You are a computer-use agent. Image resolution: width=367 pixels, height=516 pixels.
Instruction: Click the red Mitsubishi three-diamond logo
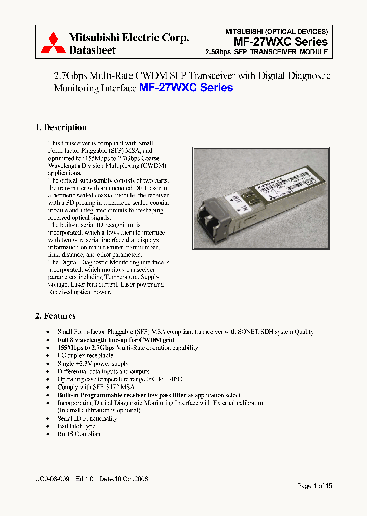(53, 43)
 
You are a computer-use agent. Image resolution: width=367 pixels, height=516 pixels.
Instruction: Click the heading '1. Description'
(61, 127)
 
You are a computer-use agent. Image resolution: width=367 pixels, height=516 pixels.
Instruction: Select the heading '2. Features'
(55, 316)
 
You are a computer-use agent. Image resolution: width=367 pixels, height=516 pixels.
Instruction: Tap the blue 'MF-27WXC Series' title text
(186, 88)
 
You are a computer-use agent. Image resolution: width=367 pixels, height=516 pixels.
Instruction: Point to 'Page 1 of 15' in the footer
(314, 486)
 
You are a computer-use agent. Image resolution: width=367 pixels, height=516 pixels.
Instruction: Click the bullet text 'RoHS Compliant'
(80, 434)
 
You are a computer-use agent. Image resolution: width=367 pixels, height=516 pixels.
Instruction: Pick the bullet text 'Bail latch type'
(76, 426)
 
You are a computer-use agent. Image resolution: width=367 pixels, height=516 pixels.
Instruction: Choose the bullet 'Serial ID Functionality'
(87, 418)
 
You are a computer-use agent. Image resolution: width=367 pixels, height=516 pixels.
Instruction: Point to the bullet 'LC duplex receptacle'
(85, 355)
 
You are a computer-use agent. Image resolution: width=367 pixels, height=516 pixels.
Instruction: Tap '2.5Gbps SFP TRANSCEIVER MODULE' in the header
(266, 52)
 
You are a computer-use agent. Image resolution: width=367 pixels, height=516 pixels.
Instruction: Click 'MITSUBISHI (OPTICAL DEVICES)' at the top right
(276, 31)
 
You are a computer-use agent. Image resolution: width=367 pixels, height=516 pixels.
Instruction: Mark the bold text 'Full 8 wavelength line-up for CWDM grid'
(119, 340)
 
